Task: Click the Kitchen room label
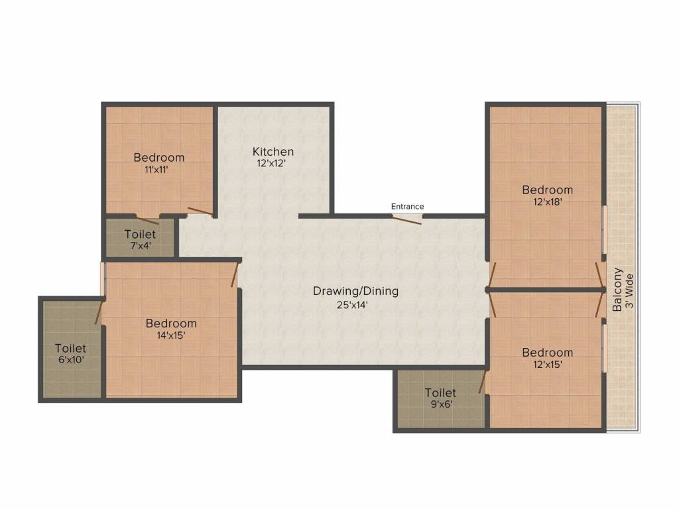click(273, 152)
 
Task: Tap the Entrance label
click(407, 207)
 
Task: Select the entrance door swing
click(406, 219)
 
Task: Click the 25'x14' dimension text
click(352, 305)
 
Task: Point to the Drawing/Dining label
click(355, 291)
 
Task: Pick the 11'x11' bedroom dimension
click(156, 169)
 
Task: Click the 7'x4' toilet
click(140, 238)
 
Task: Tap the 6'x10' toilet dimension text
click(71, 360)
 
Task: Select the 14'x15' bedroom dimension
click(171, 335)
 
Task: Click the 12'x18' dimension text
click(547, 201)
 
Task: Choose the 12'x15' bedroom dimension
click(547, 364)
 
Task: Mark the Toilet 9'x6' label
click(440, 398)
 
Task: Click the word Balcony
click(617, 290)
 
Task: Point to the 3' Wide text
click(630, 291)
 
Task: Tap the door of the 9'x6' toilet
click(482, 381)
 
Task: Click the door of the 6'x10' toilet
click(99, 311)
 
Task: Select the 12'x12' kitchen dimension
click(271, 163)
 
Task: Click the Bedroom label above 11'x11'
click(159, 158)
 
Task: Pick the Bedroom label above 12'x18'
click(547, 190)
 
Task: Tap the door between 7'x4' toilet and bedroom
click(147, 219)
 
